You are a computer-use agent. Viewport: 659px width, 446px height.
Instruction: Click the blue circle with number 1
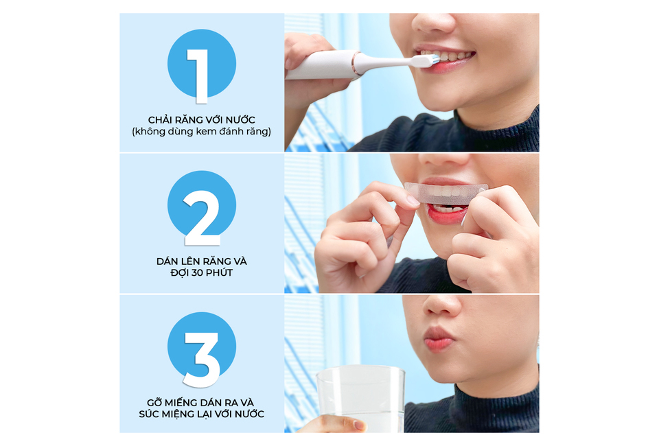(x=201, y=64)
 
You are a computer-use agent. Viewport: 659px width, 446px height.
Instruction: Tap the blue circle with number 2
(x=201, y=205)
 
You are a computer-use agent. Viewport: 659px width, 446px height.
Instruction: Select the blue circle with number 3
(x=201, y=347)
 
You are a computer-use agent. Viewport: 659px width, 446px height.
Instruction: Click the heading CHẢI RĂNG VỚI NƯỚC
(x=201, y=120)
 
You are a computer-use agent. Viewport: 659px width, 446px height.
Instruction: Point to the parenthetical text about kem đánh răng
(x=201, y=132)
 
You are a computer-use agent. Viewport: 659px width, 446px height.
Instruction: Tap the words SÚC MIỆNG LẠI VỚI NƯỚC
(x=201, y=414)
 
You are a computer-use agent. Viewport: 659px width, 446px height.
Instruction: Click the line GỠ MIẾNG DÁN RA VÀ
(x=201, y=402)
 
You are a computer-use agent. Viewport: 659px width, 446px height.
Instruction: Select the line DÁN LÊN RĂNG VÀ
(x=201, y=261)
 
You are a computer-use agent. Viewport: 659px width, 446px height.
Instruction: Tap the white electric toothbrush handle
(x=319, y=66)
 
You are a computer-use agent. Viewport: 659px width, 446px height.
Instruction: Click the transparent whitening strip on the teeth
(x=446, y=193)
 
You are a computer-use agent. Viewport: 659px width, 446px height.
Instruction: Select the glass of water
(x=360, y=398)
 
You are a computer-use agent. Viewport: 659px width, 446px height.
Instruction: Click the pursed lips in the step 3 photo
(x=439, y=338)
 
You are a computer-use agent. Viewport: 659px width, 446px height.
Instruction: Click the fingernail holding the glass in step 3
(x=358, y=425)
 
